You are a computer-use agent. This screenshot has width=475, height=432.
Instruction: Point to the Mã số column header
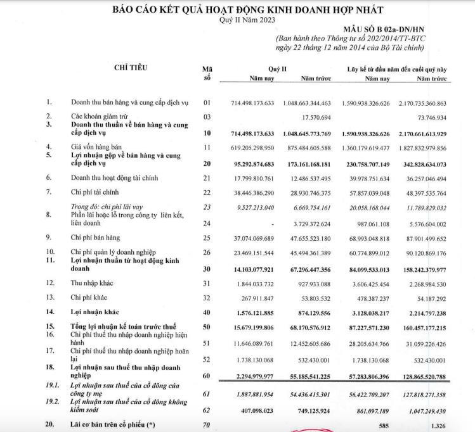click(206, 73)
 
